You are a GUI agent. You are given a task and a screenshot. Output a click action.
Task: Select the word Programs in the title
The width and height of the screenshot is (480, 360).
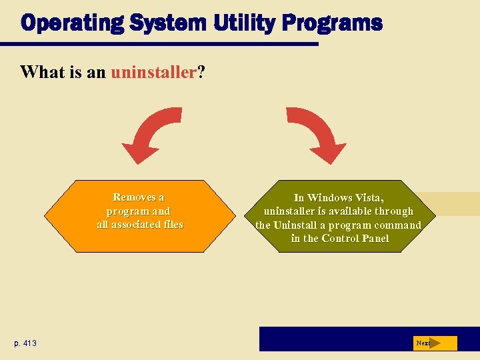[332, 23]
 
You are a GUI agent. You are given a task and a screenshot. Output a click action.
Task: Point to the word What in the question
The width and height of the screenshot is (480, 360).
[43, 72]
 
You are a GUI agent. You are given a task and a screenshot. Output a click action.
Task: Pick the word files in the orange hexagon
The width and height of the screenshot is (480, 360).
[171, 225]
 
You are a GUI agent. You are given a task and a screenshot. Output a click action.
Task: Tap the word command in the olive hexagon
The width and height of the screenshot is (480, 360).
[398, 225]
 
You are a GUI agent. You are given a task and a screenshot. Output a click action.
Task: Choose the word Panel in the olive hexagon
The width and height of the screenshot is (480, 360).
[373, 239]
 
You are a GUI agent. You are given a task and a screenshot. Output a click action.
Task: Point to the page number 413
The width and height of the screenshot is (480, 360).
[29, 343]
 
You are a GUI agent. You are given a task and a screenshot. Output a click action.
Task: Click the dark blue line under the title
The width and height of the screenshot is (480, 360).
[160, 45]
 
